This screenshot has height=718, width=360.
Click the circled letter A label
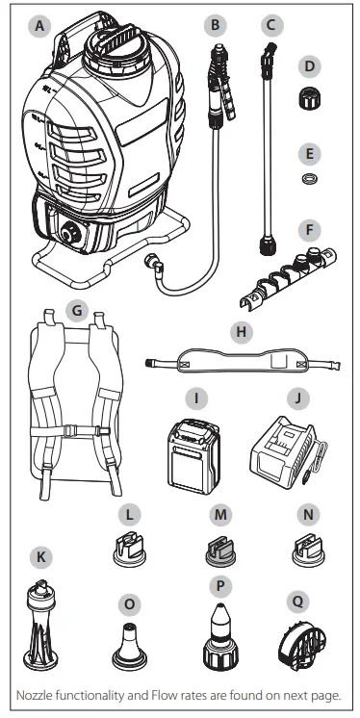point(39,29)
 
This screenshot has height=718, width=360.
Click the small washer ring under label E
point(309,179)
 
